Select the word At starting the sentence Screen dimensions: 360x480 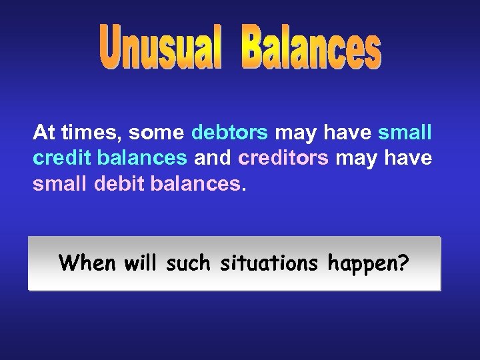44,133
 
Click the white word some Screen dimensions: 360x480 155,133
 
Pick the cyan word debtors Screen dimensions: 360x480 229,133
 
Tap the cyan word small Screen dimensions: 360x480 405,133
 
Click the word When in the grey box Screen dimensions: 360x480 83,263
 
